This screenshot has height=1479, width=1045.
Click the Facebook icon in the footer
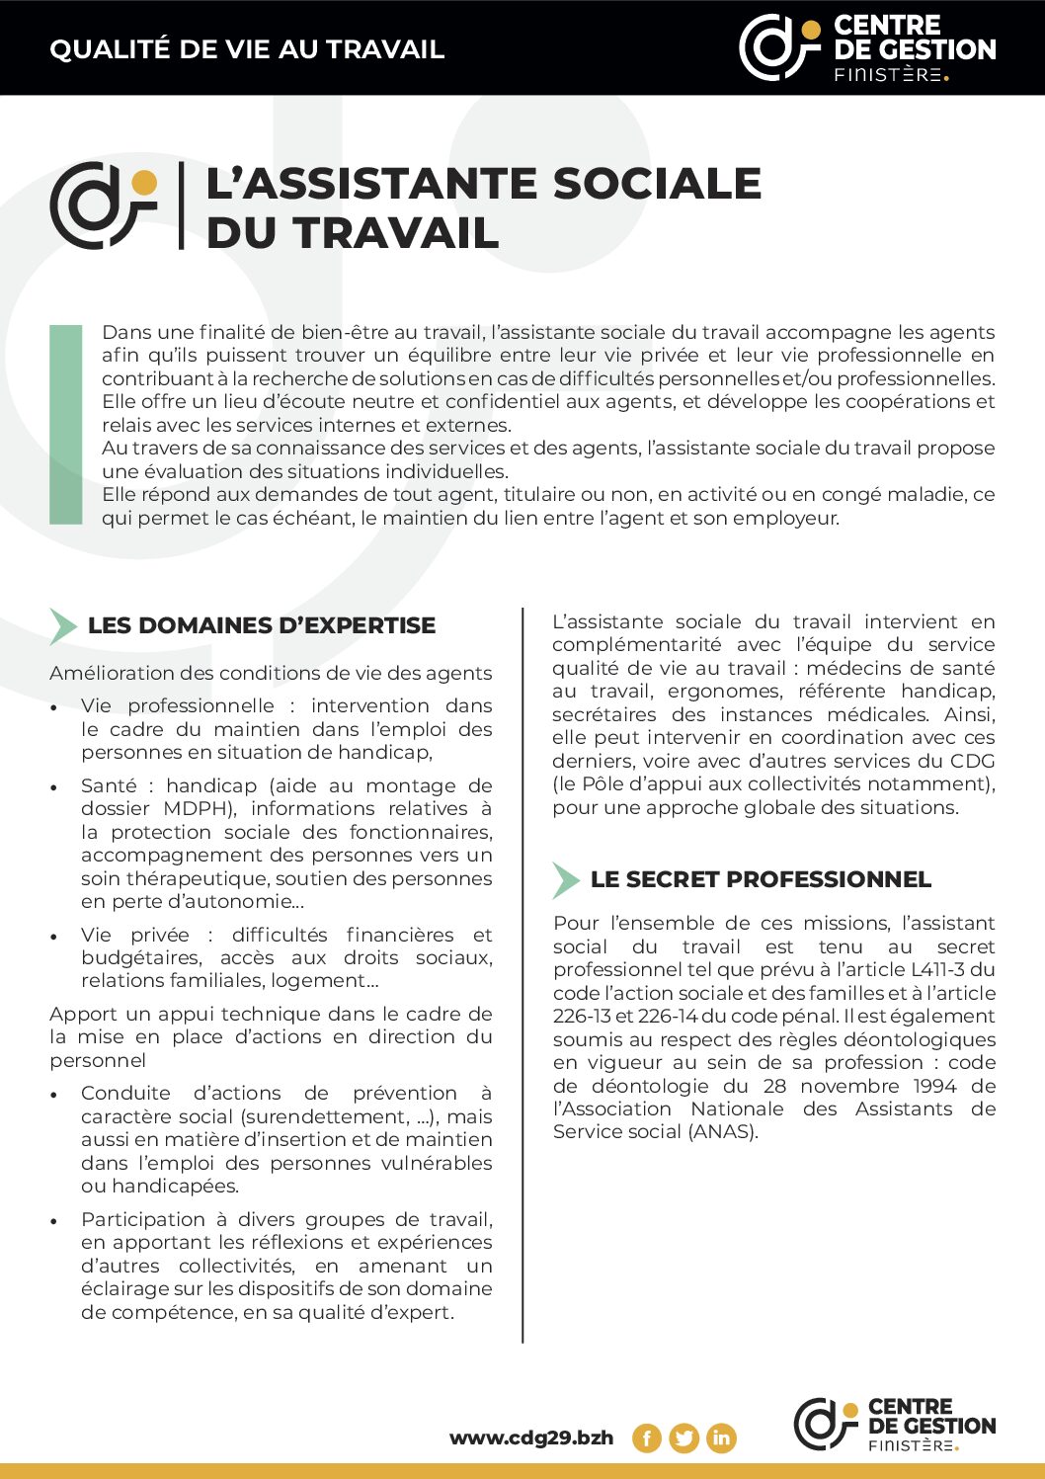tap(646, 1438)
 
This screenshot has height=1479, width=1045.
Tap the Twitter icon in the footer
tap(683, 1438)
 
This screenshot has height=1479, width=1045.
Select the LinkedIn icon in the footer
tap(721, 1438)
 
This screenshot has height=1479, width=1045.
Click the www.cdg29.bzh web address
tap(531, 1438)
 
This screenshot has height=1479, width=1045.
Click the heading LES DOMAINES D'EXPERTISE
tap(262, 625)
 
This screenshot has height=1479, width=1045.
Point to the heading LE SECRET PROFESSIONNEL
tap(761, 879)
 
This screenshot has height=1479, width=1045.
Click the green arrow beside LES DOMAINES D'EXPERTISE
tap(63, 626)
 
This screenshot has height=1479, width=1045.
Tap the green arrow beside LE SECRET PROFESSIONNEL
tap(565, 879)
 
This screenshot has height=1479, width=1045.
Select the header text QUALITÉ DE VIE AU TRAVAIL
tap(247, 49)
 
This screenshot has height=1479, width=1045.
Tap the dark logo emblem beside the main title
tap(103, 205)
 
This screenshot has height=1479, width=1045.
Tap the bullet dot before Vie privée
tap(55, 937)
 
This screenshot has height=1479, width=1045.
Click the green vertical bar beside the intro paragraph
tap(66, 424)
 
